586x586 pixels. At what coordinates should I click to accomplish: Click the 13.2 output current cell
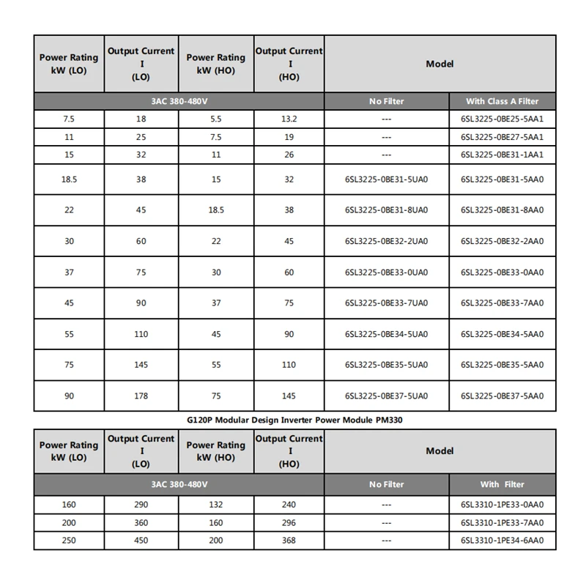point(289,118)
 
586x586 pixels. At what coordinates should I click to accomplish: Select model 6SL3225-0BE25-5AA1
point(502,118)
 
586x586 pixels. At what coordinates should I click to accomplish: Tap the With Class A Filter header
point(502,101)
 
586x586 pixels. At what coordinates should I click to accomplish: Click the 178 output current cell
point(141,396)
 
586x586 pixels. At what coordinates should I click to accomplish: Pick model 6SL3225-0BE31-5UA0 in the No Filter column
point(386,179)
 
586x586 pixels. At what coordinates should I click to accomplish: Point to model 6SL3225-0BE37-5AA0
point(502,396)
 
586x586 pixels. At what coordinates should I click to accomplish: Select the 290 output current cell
point(141,505)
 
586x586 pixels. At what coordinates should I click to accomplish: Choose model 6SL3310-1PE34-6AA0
point(502,541)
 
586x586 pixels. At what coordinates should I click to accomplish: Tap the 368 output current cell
point(289,541)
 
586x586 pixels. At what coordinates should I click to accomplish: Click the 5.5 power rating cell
point(215,118)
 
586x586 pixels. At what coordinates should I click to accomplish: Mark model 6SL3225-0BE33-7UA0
point(386,303)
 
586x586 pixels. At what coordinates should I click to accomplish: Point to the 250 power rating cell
point(68,541)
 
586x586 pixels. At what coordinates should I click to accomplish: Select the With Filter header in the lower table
point(502,484)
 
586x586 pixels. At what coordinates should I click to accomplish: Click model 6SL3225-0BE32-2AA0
point(502,241)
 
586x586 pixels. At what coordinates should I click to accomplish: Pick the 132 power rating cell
point(215,505)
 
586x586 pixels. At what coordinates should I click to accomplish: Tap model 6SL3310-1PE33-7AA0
point(502,523)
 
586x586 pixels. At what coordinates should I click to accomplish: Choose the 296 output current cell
point(289,523)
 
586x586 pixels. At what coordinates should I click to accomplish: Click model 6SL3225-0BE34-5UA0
point(386,334)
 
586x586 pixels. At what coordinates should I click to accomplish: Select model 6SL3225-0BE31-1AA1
point(502,155)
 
